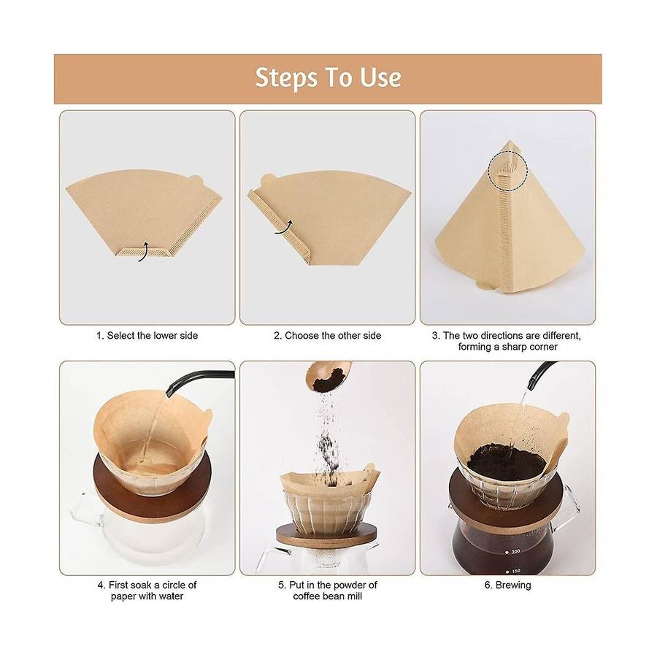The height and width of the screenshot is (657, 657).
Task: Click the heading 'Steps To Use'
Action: pos(328,78)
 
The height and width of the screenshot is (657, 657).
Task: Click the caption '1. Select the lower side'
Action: pos(147,336)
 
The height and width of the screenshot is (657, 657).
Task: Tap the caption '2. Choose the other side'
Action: pos(328,336)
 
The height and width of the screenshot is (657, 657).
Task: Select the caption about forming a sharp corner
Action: pos(507,341)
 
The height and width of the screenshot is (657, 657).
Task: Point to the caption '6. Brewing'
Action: pos(508,585)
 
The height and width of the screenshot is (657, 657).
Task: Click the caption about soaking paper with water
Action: pos(147,591)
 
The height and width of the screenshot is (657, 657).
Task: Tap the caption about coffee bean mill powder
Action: pos(328,591)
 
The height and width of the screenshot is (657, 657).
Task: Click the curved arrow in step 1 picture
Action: pos(144,251)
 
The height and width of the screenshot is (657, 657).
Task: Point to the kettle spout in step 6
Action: pos(540,374)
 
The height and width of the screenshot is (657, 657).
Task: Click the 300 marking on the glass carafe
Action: pos(513,551)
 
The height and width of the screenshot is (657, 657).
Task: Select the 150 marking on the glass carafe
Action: pos(513,571)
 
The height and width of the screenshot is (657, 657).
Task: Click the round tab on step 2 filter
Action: pos(268,180)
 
